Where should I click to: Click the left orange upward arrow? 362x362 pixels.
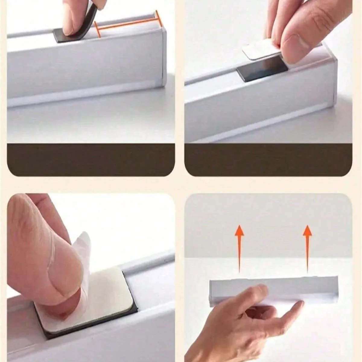pyautogui.click(x=239, y=247)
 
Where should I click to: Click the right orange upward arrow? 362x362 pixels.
pyautogui.click(x=307, y=247)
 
